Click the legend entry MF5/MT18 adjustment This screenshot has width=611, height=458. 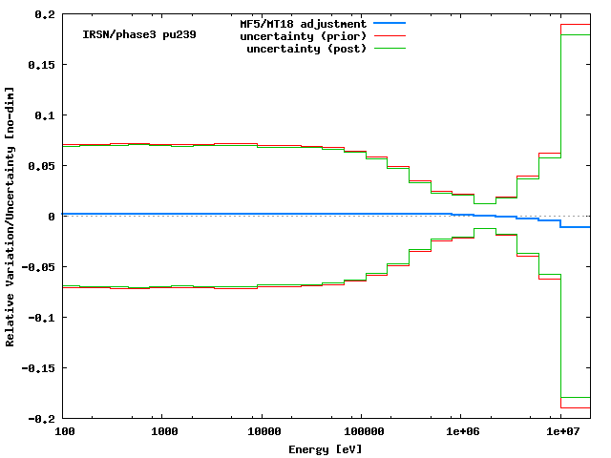pyautogui.click(x=302, y=23)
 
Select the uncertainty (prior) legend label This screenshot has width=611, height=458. pyautogui.click(x=305, y=35)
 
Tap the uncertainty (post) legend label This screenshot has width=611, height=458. pyautogui.click(x=307, y=48)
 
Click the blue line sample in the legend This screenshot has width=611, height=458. pyautogui.click(x=390, y=23)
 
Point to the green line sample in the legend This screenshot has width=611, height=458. pyautogui.click(x=390, y=48)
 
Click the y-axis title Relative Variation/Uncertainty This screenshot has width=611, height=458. pyautogui.click(x=11, y=217)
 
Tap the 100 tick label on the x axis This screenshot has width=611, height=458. pyautogui.click(x=64, y=432)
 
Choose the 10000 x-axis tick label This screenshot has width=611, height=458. pyautogui.click(x=262, y=432)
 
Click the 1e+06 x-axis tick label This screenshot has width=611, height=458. pyautogui.click(x=460, y=432)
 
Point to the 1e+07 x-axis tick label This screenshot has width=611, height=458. pyautogui.click(x=560, y=432)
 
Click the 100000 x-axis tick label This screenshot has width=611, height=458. pyautogui.click(x=361, y=432)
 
